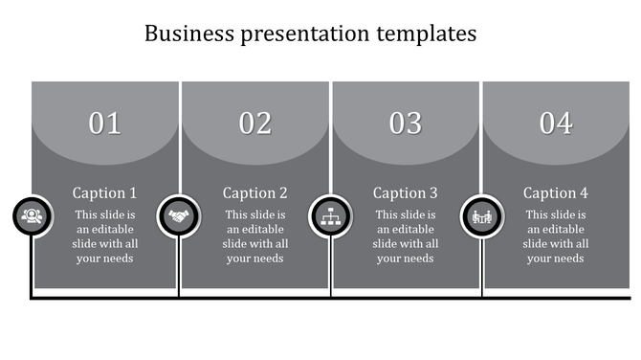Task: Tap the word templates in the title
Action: click(425, 34)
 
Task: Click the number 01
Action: click(105, 124)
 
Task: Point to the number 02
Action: click(255, 124)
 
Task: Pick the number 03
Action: click(406, 124)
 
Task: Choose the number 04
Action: click(556, 124)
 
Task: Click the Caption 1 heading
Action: click(105, 192)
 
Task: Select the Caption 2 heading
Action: click(255, 192)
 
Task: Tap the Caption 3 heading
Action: click(406, 192)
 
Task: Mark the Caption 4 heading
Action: click(556, 192)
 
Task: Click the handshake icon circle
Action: click(179, 216)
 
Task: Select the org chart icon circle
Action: click(330, 216)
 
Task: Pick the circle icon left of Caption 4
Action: click(481, 216)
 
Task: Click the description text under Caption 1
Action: click(105, 236)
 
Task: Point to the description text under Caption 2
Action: click(255, 236)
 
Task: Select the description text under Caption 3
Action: click(406, 236)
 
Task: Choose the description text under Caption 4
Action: click(556, 236)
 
